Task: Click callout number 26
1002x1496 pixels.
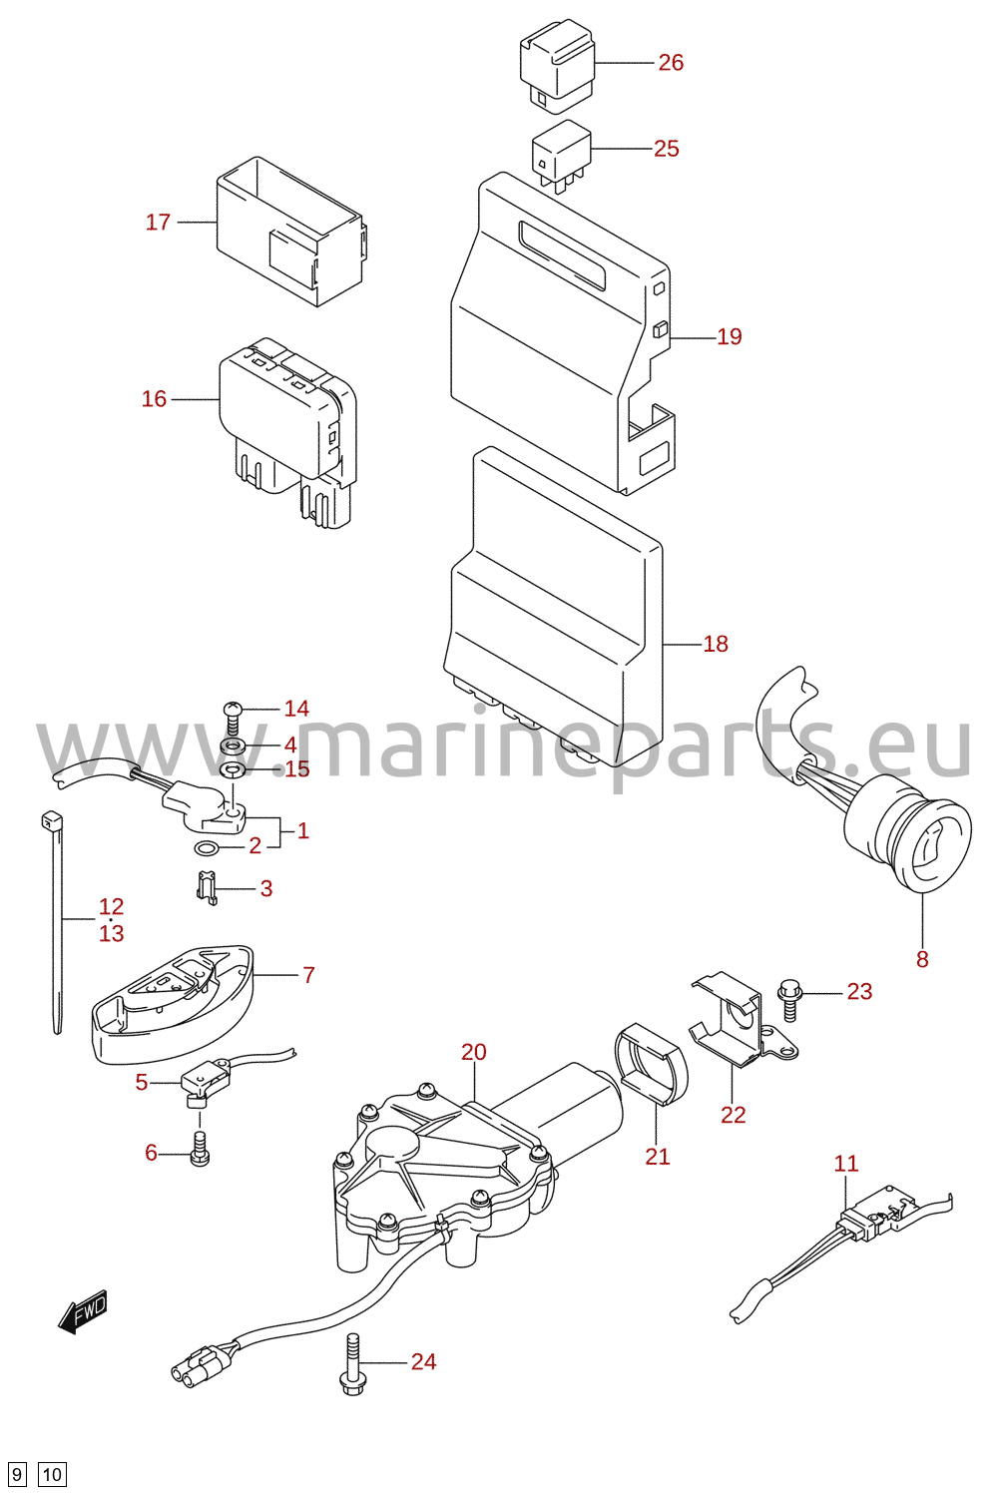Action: pos(671,62)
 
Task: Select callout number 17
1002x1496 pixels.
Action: pos(159,222)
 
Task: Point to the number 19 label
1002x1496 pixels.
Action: pos(729,336)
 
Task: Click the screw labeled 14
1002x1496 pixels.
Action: pos(233,718)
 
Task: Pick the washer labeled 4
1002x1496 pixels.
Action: pos(232,746)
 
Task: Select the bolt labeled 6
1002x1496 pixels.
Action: pos(200,1148)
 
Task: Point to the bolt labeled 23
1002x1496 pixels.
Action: pos(789,1000)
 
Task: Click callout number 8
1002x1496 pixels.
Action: pos(922,959)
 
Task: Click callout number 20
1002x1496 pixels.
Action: pos(474,1052)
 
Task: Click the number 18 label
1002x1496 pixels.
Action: pos(716,643)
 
